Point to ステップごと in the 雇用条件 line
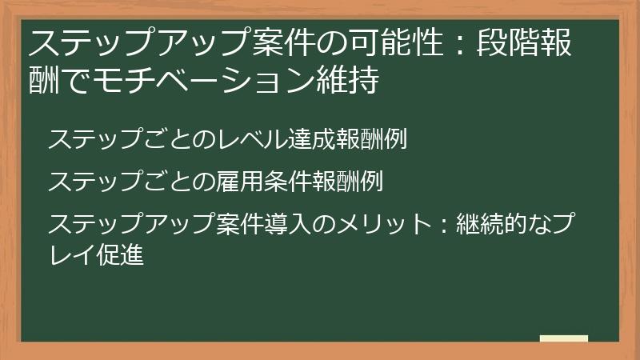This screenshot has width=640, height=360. tap(120, 182)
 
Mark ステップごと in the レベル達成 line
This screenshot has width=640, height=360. tap(120, 139)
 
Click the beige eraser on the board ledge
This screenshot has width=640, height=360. tap(563, 339)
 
